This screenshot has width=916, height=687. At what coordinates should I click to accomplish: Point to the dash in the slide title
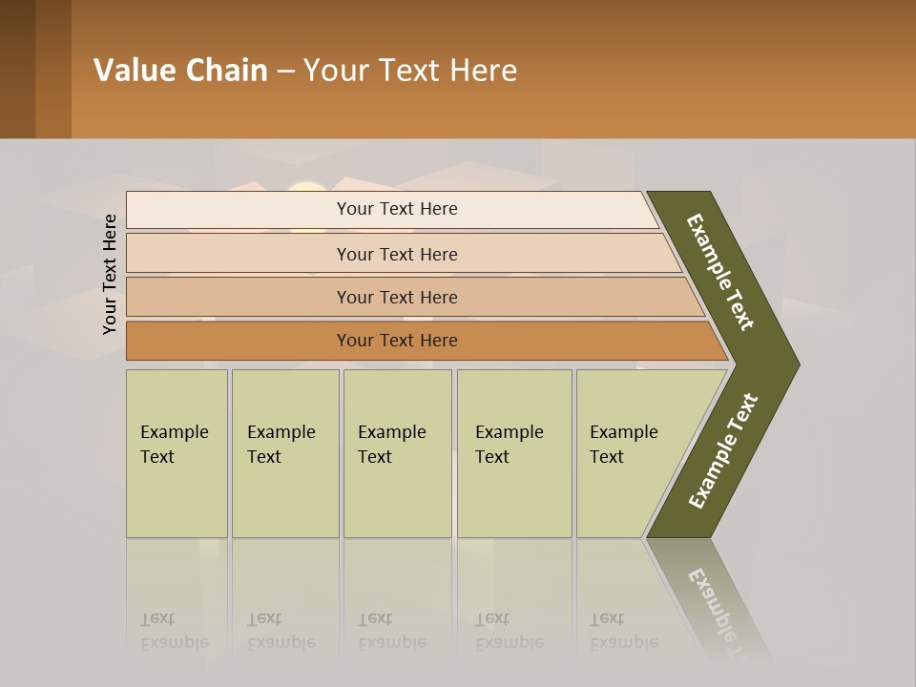coord(285,72)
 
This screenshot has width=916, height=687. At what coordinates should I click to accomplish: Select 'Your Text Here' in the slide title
coord(410,71)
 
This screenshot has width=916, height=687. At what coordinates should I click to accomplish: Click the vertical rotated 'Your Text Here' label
coord(110,275)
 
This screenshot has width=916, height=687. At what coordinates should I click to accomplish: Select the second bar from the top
coord(397,254)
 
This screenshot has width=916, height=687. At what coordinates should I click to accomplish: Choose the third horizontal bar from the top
coord(397,297)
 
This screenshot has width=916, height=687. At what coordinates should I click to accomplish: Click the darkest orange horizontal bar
coord(397,341)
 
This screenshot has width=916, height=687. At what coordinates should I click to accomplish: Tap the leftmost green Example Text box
coord(177,453)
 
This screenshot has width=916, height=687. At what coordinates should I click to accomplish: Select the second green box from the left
coord(284,453)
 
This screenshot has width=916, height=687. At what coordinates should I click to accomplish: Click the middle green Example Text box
coord(397,453)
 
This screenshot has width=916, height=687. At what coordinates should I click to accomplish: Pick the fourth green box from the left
coord(513,453)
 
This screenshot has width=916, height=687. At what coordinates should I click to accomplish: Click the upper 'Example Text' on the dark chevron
coord(720,272)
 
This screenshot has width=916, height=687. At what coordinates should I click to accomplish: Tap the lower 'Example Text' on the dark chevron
coord(723,451)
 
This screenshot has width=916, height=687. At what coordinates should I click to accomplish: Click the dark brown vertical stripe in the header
coord(17,69)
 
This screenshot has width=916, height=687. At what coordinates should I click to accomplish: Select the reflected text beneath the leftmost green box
coord(174,631)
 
